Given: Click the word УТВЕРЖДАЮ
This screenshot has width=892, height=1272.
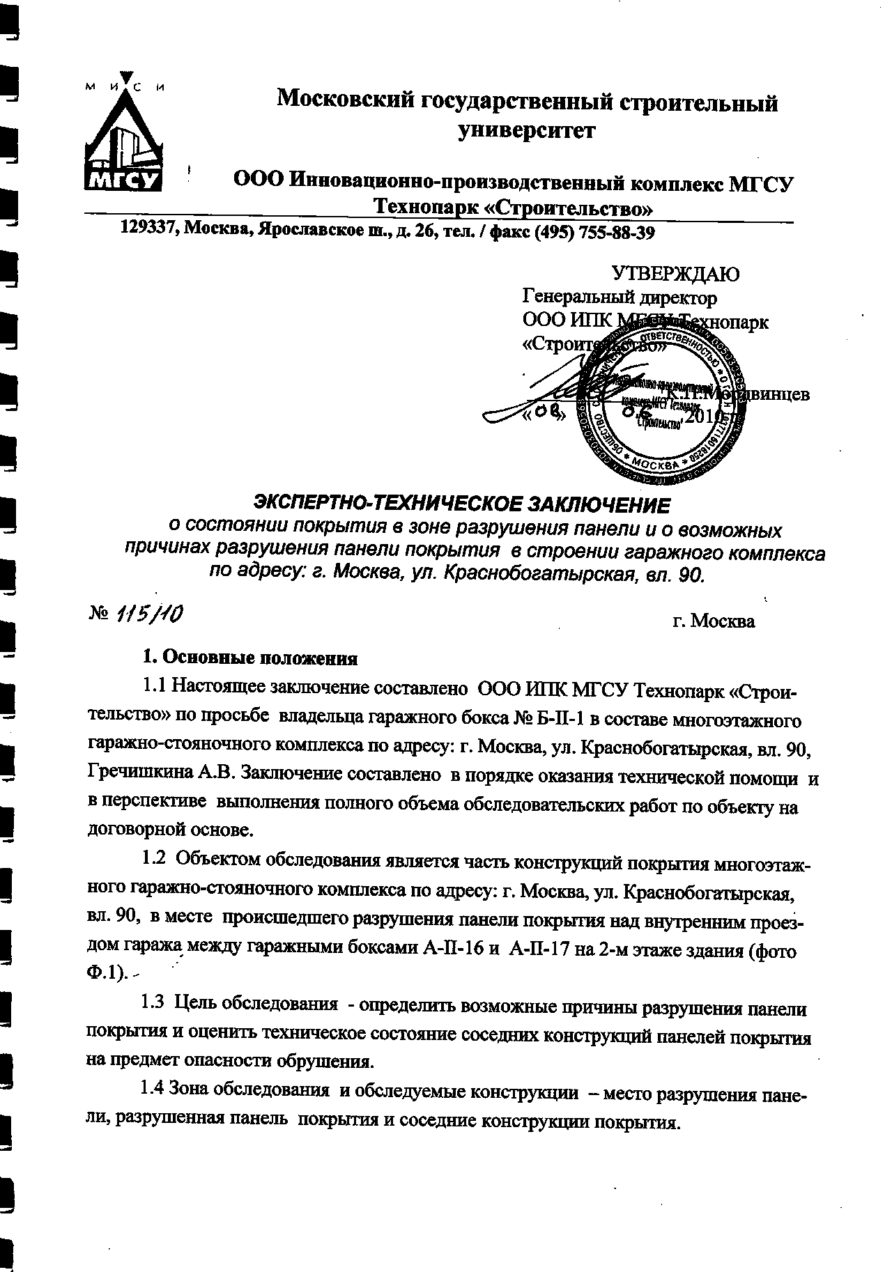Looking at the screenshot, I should pyautogui.click(x=675, y=274).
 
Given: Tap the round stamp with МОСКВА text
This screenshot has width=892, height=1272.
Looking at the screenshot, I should pyautogui.click(x=654, y=404).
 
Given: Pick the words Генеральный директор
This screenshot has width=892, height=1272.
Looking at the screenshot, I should pyautogui.click(x=620, y=298).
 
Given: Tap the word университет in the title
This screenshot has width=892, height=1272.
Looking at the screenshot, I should pyautogui.click(x=527, y=130).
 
